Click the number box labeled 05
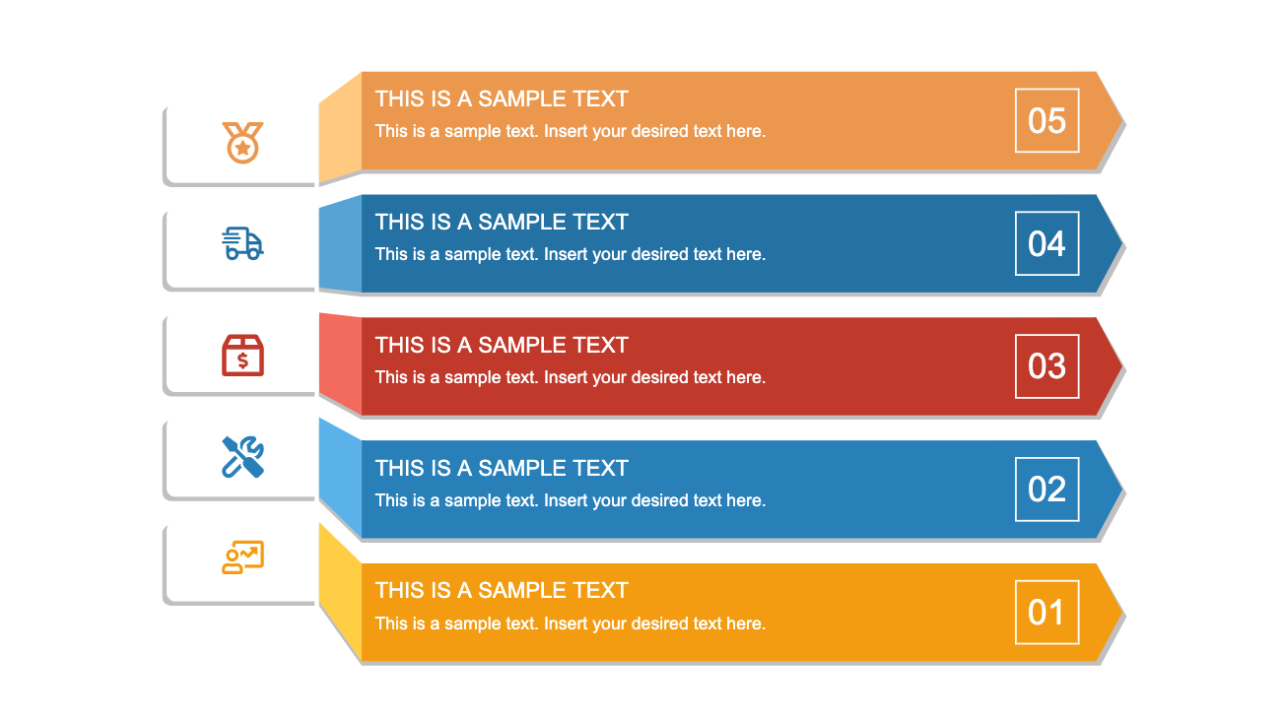click(1047, 120)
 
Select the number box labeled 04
click(1047, 243)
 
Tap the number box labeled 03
click(1047, 366)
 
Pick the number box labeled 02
click(1047, 490)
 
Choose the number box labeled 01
click(1047, 613)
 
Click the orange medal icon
click(242, 143)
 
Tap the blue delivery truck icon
click(242, 243)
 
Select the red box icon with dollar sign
click(242, 356)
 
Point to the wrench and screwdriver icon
click(242, 457)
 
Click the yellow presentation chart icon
click(242, 557)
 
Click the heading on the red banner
click(502, 346)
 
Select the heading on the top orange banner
click(502, 99)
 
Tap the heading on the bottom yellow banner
click(502, 590)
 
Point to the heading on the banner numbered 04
click(502, 223)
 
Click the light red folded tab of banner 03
click(340, 363)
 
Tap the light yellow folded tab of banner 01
click(340, 592)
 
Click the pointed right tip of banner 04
click(1121, 243)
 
